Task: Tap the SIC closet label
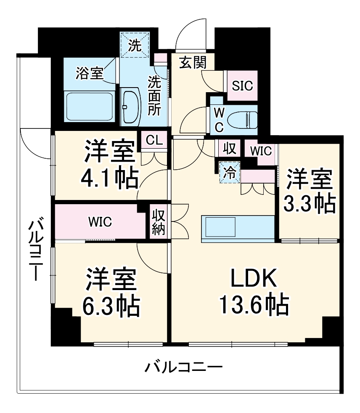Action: coord(243,86)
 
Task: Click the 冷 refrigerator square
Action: coord(229,172)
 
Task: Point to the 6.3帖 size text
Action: coord(111,308)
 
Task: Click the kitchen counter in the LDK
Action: coord(238,229)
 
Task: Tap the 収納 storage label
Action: coord(159,223)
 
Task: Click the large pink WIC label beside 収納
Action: coord(100,222)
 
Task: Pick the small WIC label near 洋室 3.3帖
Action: coord(261,150)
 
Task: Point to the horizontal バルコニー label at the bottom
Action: coord(184,368)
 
